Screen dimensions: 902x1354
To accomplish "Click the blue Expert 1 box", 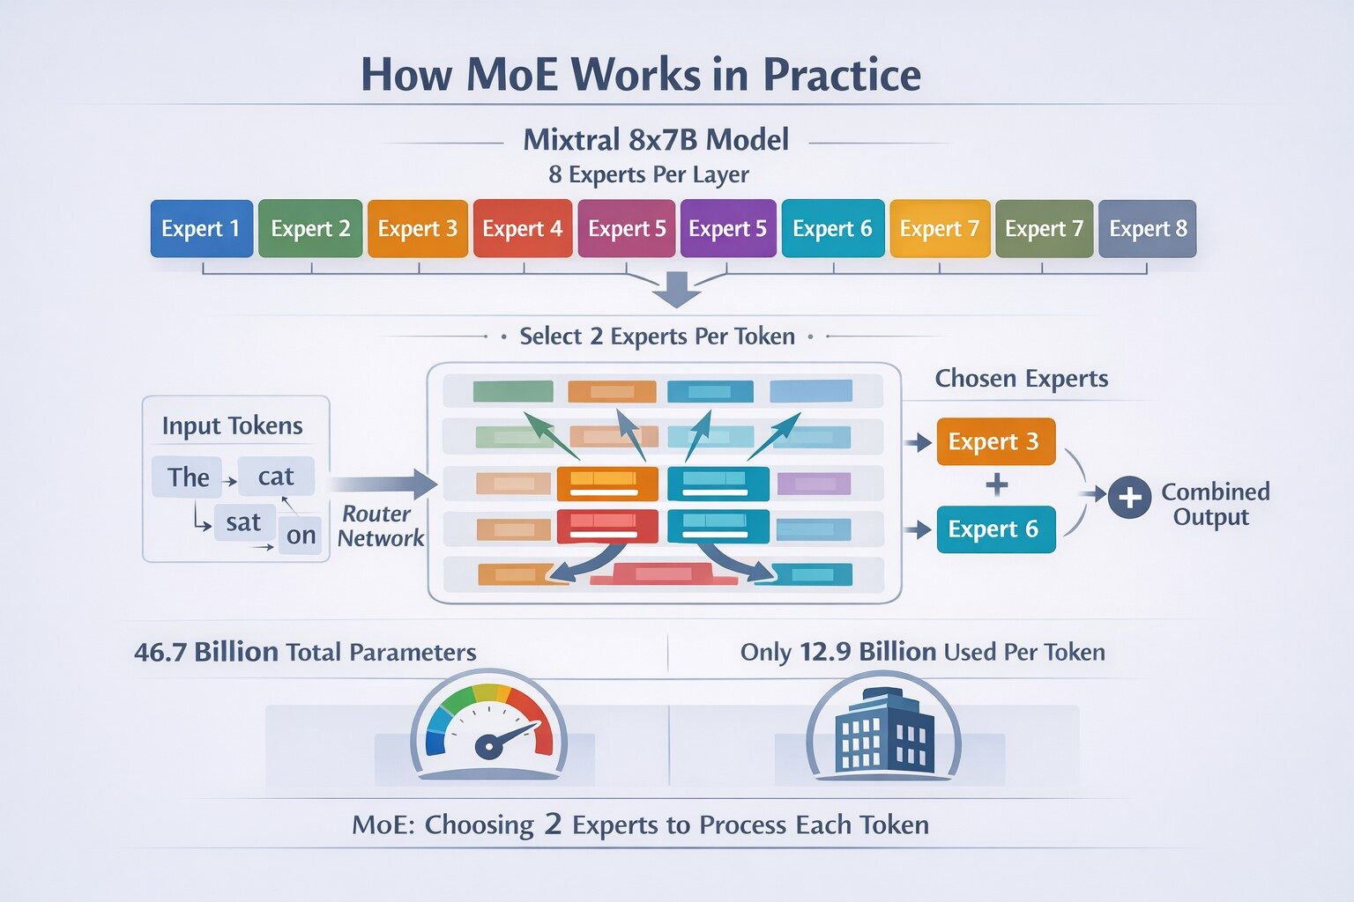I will click(x=201, y=229).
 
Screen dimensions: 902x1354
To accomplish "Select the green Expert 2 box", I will click(x=310, y=229).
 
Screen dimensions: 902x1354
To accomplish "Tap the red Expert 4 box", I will click(x=522, y=229).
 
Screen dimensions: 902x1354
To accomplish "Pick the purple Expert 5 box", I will click(x=727, y=229).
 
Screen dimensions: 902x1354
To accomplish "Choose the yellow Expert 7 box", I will click(x=939, y=229).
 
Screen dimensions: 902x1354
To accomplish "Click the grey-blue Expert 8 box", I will click(x=1147, y=229).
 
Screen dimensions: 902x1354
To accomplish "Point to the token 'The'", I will click(x=188, y=477).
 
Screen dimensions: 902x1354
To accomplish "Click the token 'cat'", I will click(x=275, y=477).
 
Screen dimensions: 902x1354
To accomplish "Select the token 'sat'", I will click(x=243, y=522).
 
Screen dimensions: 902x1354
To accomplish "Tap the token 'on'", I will click(x=301, y=536).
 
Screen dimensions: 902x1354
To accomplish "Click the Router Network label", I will click(x=380, y=526).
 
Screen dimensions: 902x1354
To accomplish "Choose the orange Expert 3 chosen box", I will click(x=995, y=441).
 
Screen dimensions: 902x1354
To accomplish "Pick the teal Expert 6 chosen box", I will click(x=995, y=529).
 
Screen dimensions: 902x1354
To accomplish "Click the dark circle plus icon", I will click(x=1129, y=498).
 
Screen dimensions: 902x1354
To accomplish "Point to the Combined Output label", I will click(x=1215, y=504).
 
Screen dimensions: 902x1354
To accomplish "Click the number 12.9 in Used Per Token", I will click(x=824, y=653).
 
